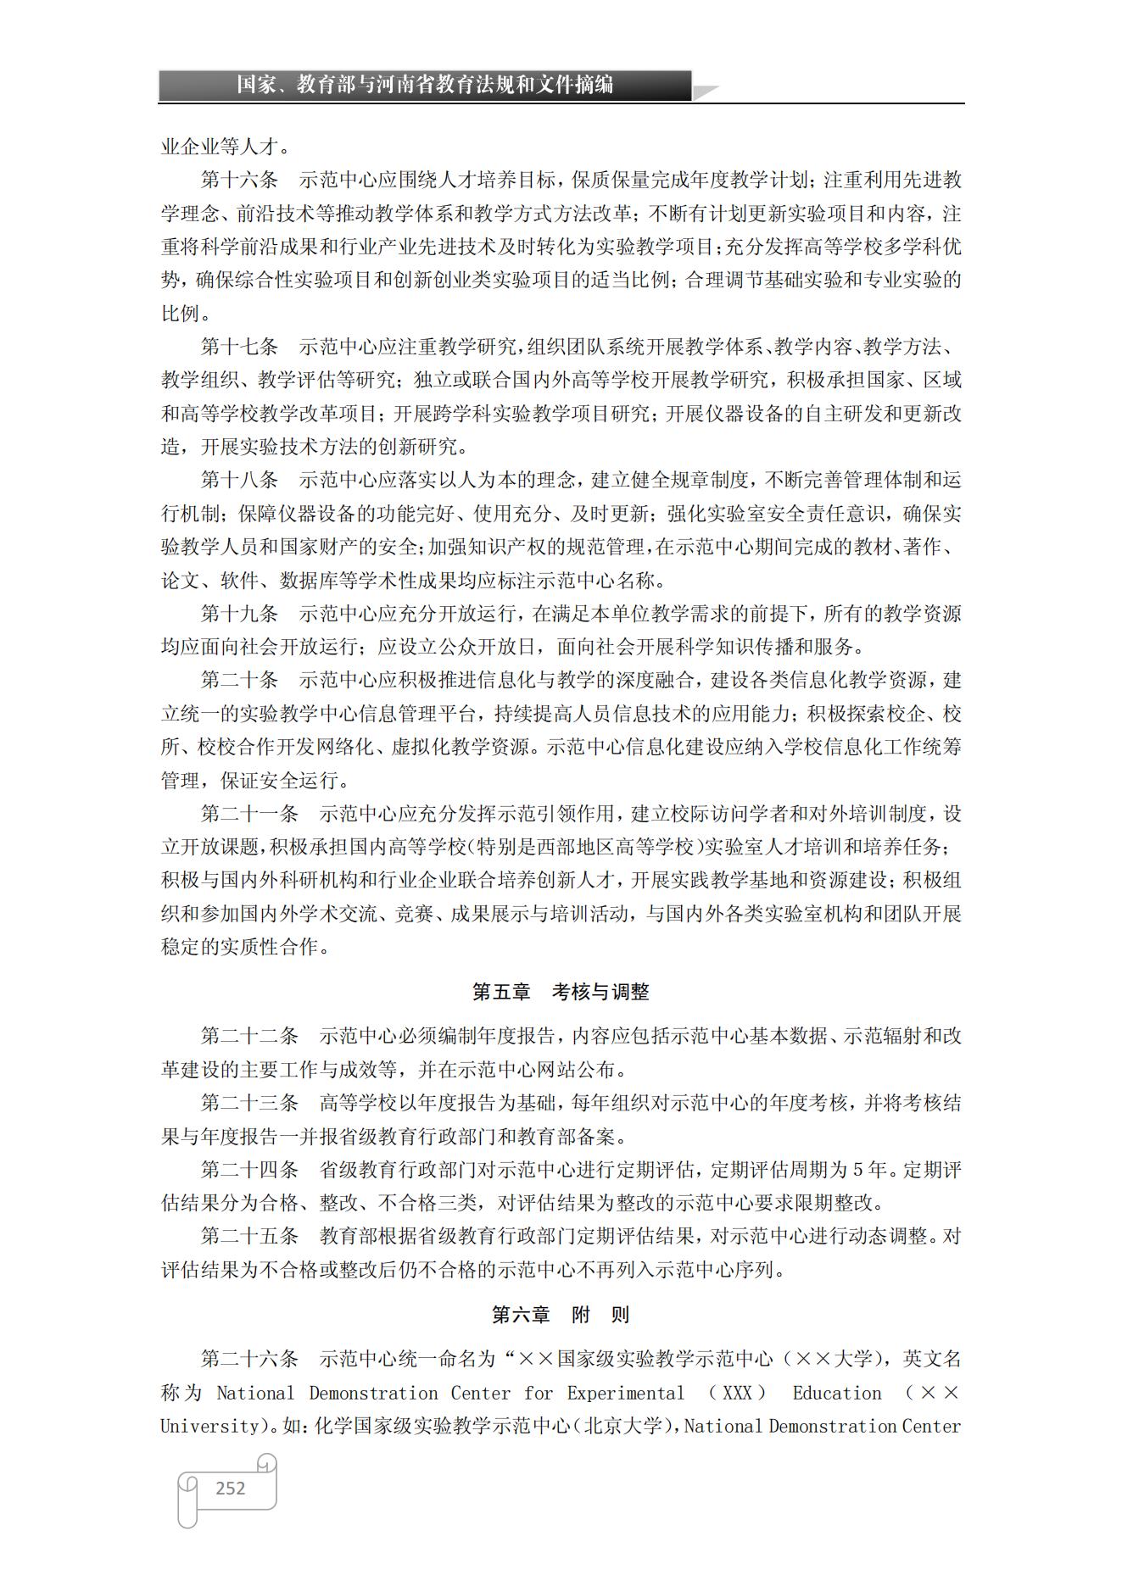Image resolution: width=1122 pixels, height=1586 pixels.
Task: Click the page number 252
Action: coord(230,1488)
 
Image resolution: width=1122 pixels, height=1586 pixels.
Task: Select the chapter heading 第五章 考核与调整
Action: coord(561,991)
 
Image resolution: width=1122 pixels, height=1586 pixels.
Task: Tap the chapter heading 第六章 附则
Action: coord(561,1315)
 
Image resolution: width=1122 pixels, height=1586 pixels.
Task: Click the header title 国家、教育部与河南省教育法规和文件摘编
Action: coord(424,85)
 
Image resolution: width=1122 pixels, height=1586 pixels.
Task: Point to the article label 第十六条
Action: coord(239,180)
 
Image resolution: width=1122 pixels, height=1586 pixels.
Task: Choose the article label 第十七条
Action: coord(239,347)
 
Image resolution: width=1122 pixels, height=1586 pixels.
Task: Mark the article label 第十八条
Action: coord(239,480)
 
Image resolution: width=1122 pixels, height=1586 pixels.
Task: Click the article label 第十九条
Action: coord(239,613)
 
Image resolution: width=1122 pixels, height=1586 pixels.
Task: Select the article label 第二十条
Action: coord(239,680)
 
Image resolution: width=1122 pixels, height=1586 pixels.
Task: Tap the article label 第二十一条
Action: coord(249,814)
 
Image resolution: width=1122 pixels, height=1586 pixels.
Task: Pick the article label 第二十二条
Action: coord(249,1036)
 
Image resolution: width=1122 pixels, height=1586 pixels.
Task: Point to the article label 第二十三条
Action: coord(249,1103)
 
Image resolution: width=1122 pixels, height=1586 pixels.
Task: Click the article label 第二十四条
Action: coord(249,1170)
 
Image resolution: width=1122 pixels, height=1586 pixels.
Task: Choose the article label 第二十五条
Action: coord(249,1236)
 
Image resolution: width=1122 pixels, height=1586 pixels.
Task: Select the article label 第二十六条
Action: coord(249,1359)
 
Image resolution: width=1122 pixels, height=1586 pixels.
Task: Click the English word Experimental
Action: coord(625,1393)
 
